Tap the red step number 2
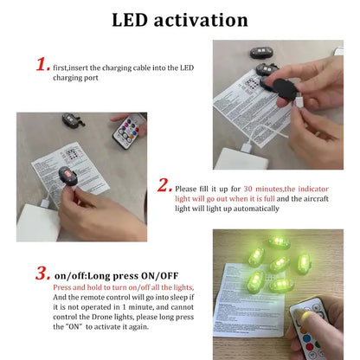click(x=164, y=185)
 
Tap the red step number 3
click(x=42, y=274)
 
